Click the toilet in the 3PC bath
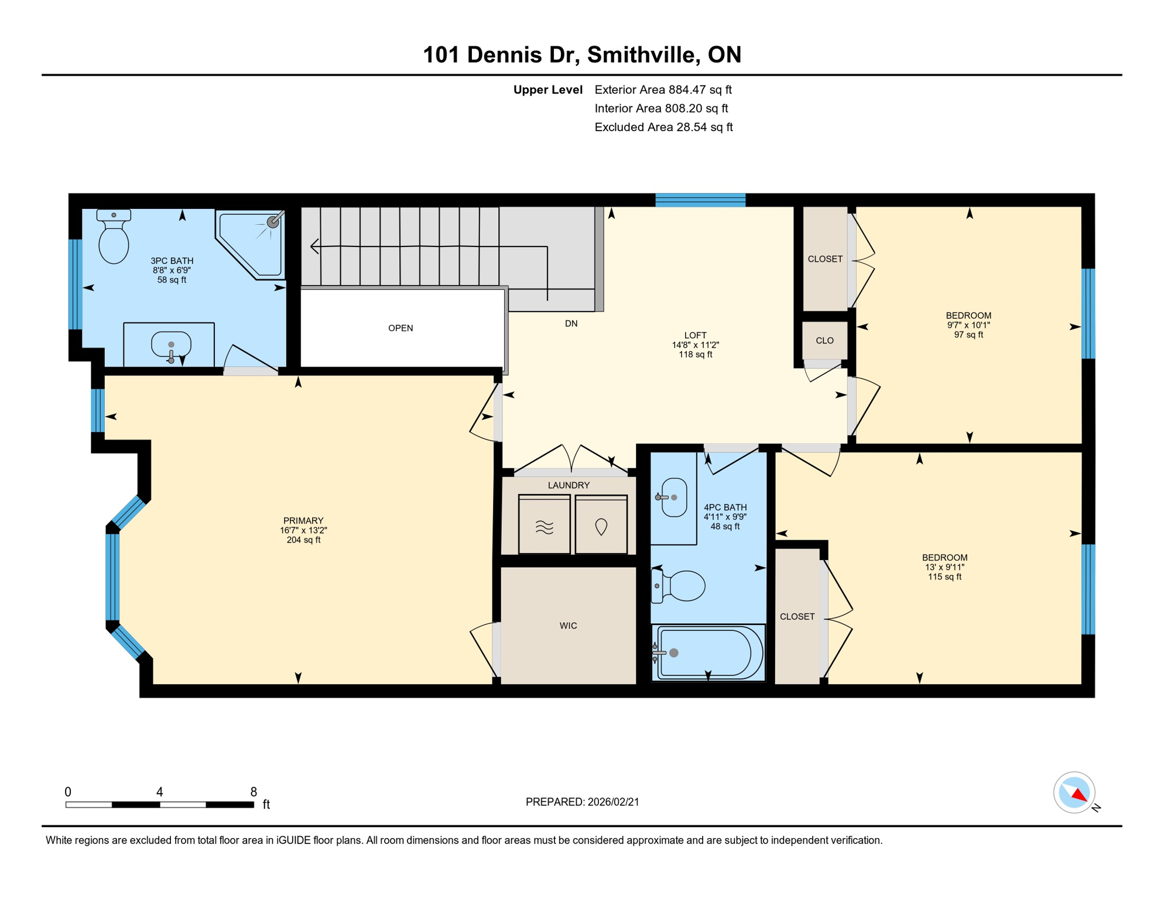click(x=114, y=239)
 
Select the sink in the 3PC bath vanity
click(x=170, y=345)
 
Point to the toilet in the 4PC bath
click(x=682, y=585)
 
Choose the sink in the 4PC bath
click(x=674, y=497)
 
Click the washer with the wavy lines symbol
click(x=544, y=525)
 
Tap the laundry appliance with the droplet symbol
click(x=601, y=525)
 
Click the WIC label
click(x=568, y=626)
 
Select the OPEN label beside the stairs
click(x=400, y=328)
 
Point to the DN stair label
click(x=571, y=324)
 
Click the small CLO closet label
click(x=824, y=341)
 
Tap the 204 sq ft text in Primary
click(x=303, y=540)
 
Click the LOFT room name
click(x=695, y=335)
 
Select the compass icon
click(x=1074, y=792)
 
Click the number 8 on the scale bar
click(x=254, y=792)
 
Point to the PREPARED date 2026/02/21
click(x=613, y=802)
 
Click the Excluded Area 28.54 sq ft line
click(x=663, y=128)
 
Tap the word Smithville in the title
click(x=641, y=55)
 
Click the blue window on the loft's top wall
click(x=700, y=200)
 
